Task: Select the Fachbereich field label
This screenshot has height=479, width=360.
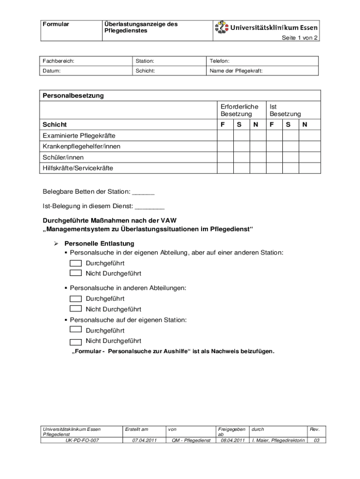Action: pyautogui.click(x=58, y=61)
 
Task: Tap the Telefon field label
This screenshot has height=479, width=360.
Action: pyautogui.click(x=219, y=61)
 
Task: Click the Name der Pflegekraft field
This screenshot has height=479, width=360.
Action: pyautogui.click(x=236, y=71)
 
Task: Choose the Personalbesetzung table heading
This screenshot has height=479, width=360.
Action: pyautogui.click(x=73, y=95)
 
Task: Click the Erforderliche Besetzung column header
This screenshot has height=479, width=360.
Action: pyautogui.click(x=239, y=110)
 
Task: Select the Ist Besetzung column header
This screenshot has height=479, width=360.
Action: pyautogui.click(x=285, y=110)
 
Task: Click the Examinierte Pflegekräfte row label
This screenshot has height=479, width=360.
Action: pyautogui.click(x=79, y=136)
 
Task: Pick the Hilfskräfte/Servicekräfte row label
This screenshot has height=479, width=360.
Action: pyautogui.click(x=78, y=168)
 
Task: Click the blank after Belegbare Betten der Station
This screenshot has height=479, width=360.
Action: pyautogui.click(x=144, y=192)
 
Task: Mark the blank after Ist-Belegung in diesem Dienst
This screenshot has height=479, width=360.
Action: pyautogui.click(x=150, y=206)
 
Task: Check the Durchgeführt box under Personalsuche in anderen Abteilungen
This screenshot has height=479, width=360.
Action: pyautogui.click(x=75, y=298)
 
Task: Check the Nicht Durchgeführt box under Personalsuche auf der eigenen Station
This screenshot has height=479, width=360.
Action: pyautogui.click(x=75, y=341)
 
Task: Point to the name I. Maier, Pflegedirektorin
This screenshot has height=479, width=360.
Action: pyautogui.click(x=278, y=440)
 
